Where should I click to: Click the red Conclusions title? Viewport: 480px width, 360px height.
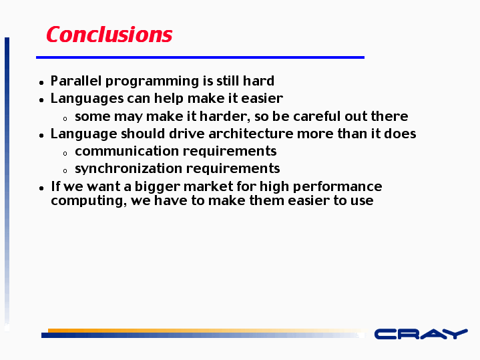[109, 34]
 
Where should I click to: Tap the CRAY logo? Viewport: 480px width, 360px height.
[421, 334]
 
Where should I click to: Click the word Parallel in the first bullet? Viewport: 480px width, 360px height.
[76, 81]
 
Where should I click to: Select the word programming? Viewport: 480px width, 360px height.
[152, 81]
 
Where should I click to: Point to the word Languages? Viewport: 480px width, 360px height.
[87, 99]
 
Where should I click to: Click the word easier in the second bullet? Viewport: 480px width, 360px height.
[262, 98]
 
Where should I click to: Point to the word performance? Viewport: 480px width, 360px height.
[337, 187]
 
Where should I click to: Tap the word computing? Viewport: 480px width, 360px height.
[89, 201]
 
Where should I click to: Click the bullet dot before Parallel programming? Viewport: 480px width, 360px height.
[41, 82]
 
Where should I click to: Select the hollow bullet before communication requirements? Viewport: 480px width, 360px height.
[65, 154]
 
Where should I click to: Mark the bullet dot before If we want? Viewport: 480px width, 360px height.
[41, 188]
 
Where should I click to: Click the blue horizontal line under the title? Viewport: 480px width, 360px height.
[200, 57]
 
